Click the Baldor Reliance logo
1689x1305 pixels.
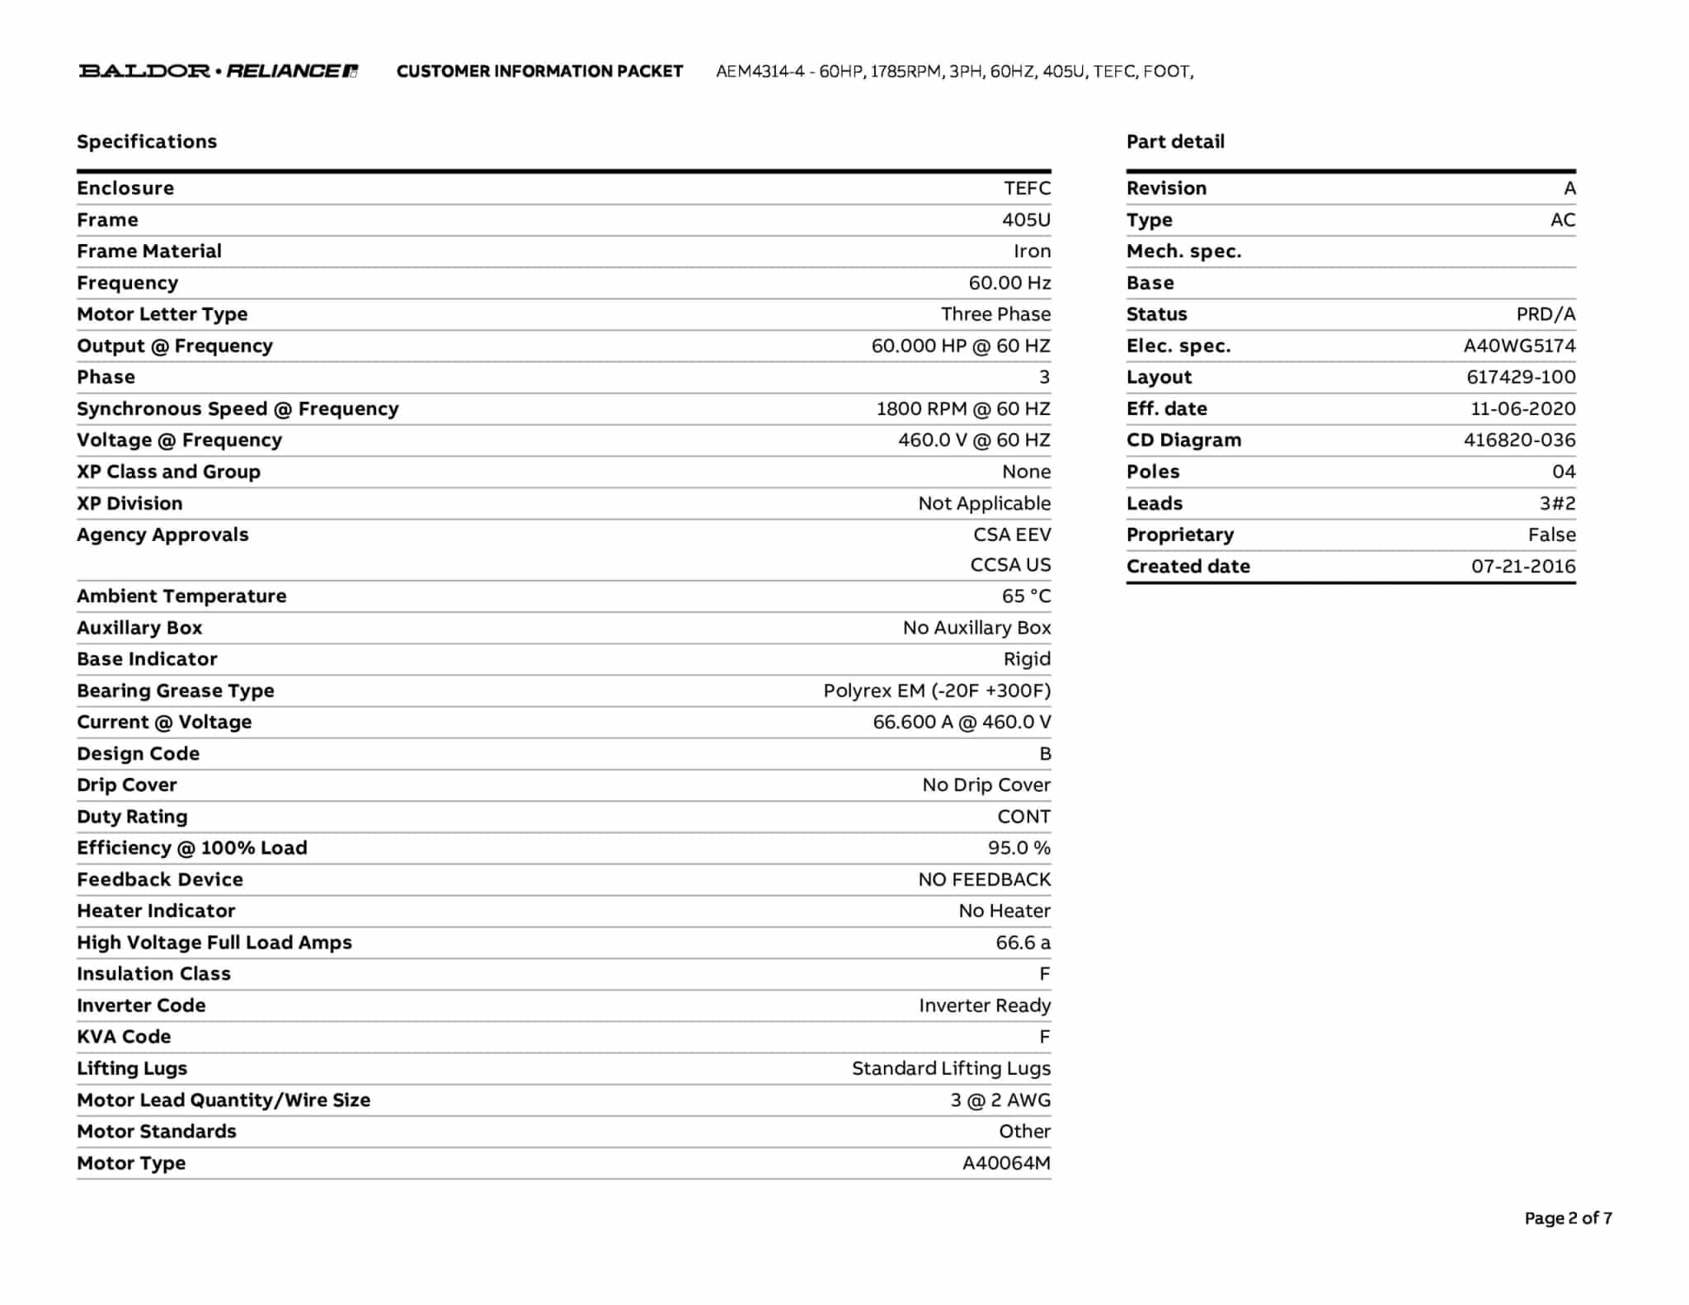[x=219, y=71]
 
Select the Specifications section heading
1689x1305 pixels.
[x=147, y=142]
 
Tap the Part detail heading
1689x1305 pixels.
[x=1175, y=142]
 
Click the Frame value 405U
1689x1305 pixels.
[x=1026, y=220]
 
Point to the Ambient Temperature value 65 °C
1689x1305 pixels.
[x=1026, y=596]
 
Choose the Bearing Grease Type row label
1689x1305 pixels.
[x=176, y=691]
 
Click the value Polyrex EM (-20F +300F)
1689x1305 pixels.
[x=937, y=691]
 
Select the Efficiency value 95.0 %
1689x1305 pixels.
[x=1019, y=848]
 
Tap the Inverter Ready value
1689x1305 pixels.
[x=985, y=1006]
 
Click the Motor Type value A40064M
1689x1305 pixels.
[x=1006, y=1163]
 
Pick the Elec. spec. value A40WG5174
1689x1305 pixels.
[x=1519, y=346]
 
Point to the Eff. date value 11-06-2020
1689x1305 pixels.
[x=1522, y=409]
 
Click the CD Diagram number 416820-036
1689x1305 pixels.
[x=1519, y=440]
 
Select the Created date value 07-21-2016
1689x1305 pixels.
[x=1523, y=567]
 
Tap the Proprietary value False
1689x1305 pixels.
[x=1551, y=535]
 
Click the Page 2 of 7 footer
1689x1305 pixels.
[x=1568, y=1218]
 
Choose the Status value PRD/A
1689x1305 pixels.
[x=1546, y=315]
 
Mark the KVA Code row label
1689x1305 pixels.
[x=124, y=1037]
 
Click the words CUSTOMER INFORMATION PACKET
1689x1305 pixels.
[x=539, y=72]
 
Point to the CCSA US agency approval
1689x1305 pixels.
[x=1010, y=565]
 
